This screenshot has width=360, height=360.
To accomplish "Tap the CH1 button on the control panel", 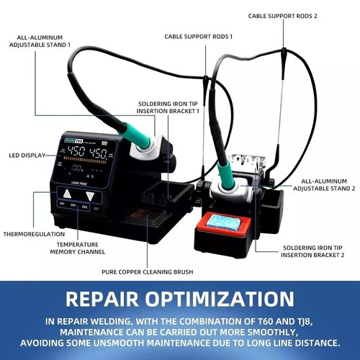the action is tap(62, 204).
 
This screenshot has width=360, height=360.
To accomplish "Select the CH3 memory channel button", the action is tap(84, 207).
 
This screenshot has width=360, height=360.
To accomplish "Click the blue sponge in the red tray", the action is tap(223, 223).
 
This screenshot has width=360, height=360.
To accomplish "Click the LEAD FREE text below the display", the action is tap(79, 184).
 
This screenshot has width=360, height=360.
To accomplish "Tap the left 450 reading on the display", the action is tap(76, 152).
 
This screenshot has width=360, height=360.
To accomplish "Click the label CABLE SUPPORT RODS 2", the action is tap(282, 16).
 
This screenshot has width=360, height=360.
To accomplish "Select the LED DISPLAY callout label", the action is tap(27, 156).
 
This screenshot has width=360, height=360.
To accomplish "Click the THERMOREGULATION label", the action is tap(34, 234).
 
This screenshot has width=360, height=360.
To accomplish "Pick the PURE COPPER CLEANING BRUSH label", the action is tap(148, 272).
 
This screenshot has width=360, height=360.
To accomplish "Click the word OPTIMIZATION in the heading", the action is tap(220, 299).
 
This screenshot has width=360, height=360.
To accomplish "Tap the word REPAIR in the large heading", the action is tap(102, 299).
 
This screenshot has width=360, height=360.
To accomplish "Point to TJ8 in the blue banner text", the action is tap(304, 321).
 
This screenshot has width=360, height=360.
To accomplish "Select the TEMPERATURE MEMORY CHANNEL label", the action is tap(78, 248).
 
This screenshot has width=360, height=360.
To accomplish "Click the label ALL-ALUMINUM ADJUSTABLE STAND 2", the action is tap(324, 185).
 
